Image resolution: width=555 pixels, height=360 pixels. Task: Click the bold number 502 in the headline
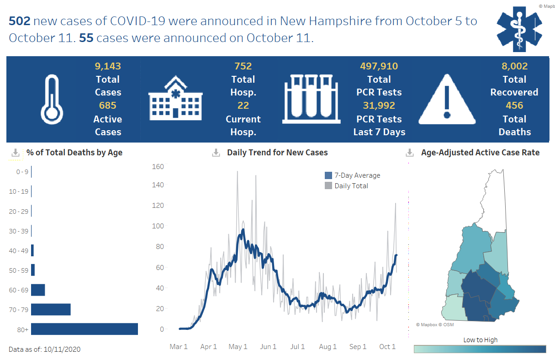click(19, 21)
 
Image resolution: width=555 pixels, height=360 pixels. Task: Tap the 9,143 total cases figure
click(108, 66)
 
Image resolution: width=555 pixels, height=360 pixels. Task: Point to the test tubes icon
click(312, 99)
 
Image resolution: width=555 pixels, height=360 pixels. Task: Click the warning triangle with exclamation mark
click(447, 99)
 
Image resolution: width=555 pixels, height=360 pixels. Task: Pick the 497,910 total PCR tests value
click(379, 66)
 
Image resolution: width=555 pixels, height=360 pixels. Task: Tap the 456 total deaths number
click(514, 106)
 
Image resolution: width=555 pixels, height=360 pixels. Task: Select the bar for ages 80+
click(85, 329)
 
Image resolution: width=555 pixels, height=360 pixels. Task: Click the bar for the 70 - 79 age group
click(51, 309)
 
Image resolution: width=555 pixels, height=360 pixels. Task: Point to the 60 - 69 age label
click(19, 290)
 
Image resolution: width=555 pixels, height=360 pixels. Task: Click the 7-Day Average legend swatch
click(328, 175)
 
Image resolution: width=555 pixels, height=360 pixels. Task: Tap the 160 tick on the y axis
click(158, 166)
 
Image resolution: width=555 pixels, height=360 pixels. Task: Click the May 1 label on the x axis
click(238, 347)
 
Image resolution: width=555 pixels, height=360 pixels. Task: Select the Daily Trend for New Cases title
click(277, 153)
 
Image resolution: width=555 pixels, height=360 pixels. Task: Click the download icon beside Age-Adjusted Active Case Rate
click(410, 153)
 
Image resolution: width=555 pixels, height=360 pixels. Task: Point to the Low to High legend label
click(480, 340)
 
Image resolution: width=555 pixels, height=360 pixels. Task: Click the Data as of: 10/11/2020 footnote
click(45, 349)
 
